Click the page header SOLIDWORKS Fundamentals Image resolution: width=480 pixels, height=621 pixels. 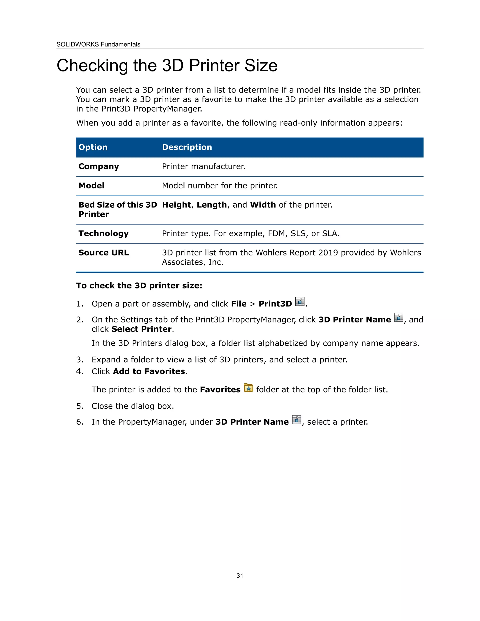98,44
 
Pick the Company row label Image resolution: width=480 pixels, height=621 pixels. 99,166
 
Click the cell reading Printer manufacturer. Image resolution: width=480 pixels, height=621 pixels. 204,166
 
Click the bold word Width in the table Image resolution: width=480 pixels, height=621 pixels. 263,205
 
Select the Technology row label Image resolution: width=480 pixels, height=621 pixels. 104,233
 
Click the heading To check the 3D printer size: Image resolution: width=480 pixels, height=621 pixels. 139,285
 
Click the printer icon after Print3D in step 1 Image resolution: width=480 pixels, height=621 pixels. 300,301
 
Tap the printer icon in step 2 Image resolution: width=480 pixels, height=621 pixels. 398,317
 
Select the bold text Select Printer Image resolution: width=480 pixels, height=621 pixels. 141,329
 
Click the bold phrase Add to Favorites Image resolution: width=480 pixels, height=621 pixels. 149,371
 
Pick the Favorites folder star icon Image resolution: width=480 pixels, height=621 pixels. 248,388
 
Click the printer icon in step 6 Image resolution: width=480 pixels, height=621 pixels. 296,419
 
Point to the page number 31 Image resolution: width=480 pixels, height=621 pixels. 240,576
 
